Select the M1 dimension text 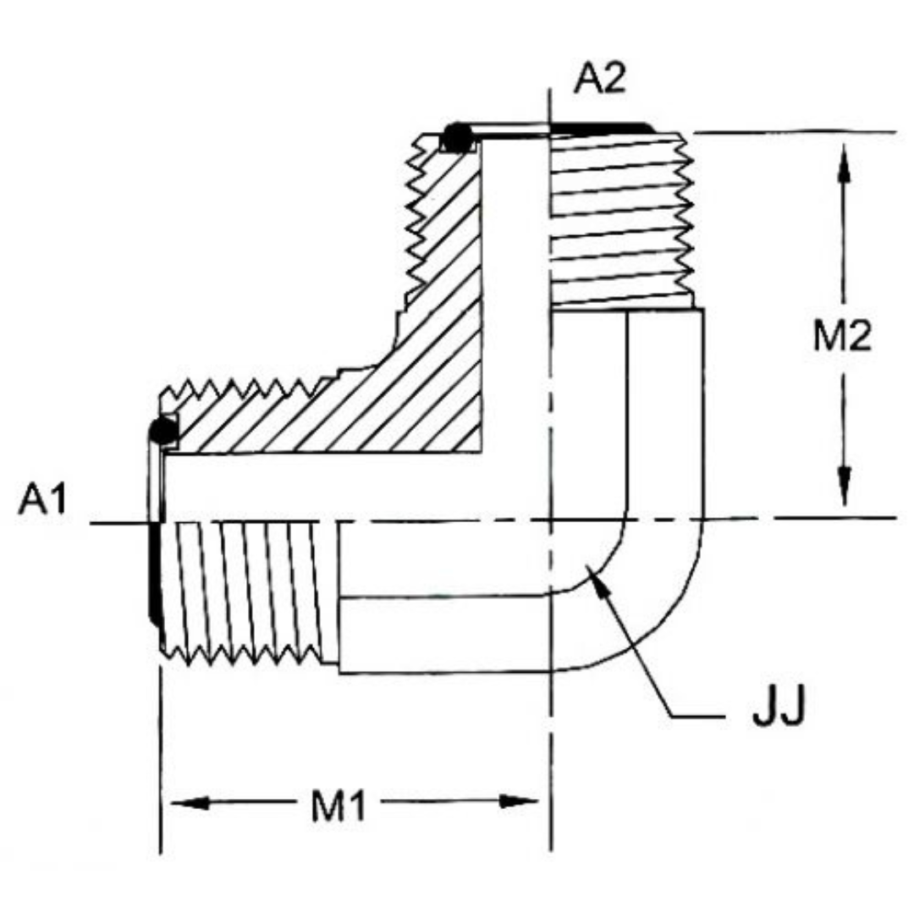pyautogui.click(x=339, y=808)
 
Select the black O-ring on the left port pyautogui.click(x=162, y=431)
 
